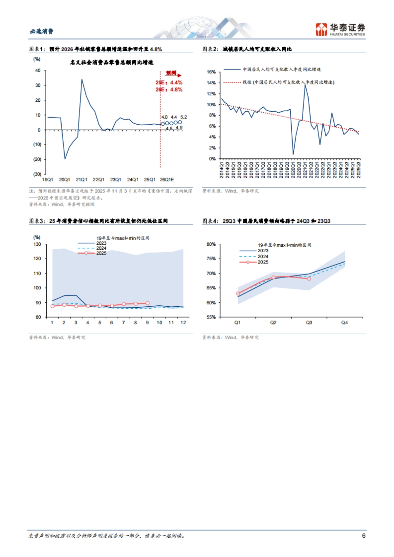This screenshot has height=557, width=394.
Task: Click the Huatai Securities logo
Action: pyautogui.click(x=340, y=30)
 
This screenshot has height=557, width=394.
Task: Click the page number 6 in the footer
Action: pyautogui.click(x=363, y=535)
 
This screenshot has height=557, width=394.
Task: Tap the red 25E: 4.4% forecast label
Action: pyautogui.click(x=169, y=83)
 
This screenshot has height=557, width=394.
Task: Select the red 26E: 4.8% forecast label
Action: pyautogui.click(x=169, y=90)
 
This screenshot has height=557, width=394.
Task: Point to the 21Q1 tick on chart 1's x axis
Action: pyautogui.click(x=81, y=179)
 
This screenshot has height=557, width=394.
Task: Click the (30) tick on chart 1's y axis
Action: pyautogui.click(x=37, y=174)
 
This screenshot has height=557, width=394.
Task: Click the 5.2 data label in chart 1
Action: pyautogui.click(x=184, y=117)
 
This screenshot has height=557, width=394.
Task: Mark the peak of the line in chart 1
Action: pyautogui.click(x=82, y=79)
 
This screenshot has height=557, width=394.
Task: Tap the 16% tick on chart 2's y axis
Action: pyautogui.click(x=211, y=72)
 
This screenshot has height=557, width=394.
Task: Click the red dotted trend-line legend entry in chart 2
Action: pyautogui.click(x=279, y=82)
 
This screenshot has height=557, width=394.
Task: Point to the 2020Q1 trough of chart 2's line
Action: pyautogui.click(x=293, y=154)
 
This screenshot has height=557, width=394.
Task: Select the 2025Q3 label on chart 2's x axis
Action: pyautogui.click(x=359, y=170)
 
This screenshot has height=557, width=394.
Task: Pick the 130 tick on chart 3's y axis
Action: pyautogui.click(x=37, y=244)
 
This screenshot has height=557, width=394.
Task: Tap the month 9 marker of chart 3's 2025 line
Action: pyautogui.click(x=147, y=303)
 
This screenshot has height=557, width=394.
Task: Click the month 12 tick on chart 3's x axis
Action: pyautogui.click(x=183, y=323)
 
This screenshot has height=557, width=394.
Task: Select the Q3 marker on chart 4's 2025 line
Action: pyautogui.click(x=309, y=279)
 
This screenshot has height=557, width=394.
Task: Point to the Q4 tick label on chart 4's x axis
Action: pyautogui.click(x=344, y=323)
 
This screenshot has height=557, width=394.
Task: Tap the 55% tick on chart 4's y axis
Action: pyautogui.click(x=211, y=317)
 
